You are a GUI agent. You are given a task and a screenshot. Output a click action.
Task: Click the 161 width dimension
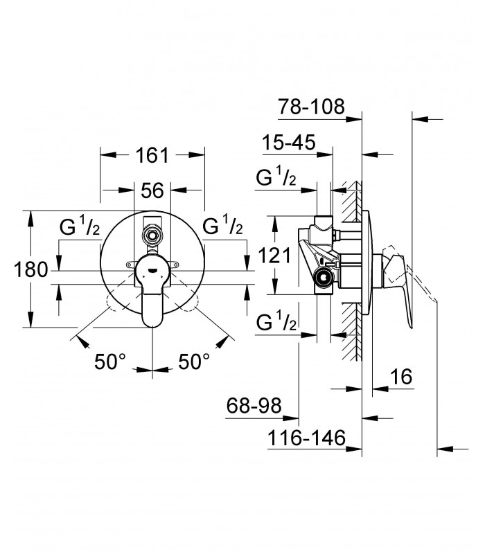[152, 155]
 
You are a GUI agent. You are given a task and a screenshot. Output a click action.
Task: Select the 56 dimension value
[152, 191]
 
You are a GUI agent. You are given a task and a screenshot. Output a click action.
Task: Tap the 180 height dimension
[30, 270]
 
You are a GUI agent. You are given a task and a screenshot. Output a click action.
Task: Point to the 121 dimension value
[274, 255]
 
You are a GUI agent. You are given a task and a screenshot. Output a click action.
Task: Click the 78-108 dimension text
[311, 107]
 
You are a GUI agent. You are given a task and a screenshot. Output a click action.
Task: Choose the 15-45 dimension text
[288, 143]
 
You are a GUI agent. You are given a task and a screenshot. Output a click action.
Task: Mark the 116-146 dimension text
[306, 438]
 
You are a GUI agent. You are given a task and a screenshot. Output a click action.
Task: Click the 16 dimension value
[402, 377]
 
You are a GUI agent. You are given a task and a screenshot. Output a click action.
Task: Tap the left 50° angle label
[110, 361]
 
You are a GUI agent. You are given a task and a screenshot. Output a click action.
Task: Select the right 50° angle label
[194, 361]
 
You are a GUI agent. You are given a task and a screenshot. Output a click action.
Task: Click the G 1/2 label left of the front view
[80, 226]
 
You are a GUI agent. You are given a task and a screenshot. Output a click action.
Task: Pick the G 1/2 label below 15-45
[276, 177]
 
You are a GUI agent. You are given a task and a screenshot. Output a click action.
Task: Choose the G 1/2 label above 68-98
[276, 321]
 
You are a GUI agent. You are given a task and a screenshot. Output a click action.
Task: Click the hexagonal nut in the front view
[152, 234]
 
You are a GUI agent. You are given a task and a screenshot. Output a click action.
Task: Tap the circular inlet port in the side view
[324, 276]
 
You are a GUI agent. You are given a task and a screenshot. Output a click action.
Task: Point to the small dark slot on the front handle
[152, 271]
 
